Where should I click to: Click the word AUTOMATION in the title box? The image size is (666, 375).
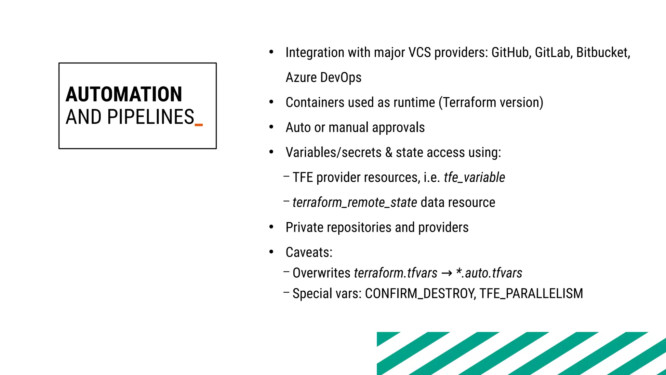tap(124, 94)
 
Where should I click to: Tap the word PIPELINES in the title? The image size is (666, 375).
tap(151, 117)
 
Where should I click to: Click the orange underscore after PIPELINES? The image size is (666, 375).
tap(199, 125)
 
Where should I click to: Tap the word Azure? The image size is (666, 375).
tap(301, 77)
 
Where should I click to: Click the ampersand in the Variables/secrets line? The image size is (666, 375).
tap(389, 153)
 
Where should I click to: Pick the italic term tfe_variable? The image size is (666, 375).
tap(474, 178)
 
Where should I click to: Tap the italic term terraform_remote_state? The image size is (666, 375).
tap(354, 202)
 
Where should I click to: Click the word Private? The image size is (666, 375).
tap(304, 228)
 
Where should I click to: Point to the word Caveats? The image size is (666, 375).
tap(309, 253)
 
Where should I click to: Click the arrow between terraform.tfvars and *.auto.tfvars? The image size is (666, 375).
tap(446, 273)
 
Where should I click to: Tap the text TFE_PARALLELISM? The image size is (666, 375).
tap(531, 294)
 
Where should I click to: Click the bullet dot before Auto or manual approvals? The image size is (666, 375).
tap(271, 127)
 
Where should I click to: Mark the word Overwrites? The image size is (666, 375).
tap(321, 273)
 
